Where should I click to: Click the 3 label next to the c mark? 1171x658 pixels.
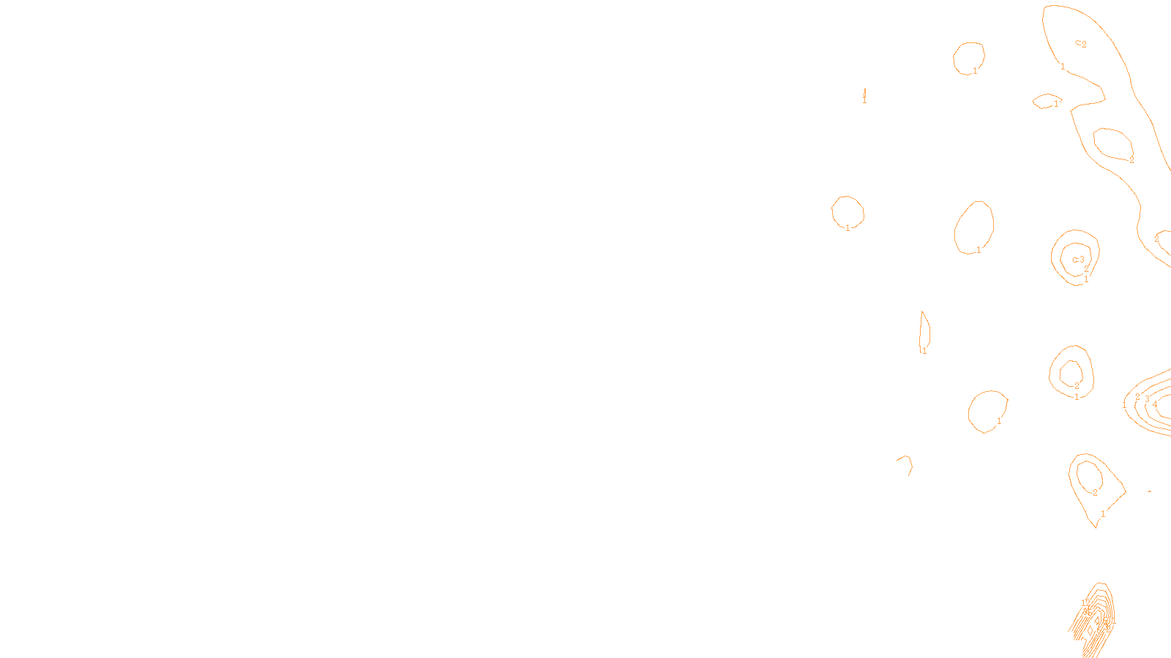[x=1082, y=260]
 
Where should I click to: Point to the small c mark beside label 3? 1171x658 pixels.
[x=1074, y=260]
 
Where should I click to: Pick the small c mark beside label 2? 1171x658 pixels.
[x=1077, y=43]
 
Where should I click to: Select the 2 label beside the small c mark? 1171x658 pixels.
[x=1084, y=45]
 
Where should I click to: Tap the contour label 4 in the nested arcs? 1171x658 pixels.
[x=1155, y=404]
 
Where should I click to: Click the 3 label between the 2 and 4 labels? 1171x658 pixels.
[x=1147, y=399]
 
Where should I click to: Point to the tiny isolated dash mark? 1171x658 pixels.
[x=1150, y=492]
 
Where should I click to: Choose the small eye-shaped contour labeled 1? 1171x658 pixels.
[x=1047, y=101]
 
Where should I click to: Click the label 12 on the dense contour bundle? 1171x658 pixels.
[x=1085, y=603]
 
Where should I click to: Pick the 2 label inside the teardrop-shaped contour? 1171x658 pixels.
[x=1095, y=493]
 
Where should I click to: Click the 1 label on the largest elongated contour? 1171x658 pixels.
[x=1063, y=67]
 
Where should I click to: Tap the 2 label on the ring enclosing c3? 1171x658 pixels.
[x=1086, y=269]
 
